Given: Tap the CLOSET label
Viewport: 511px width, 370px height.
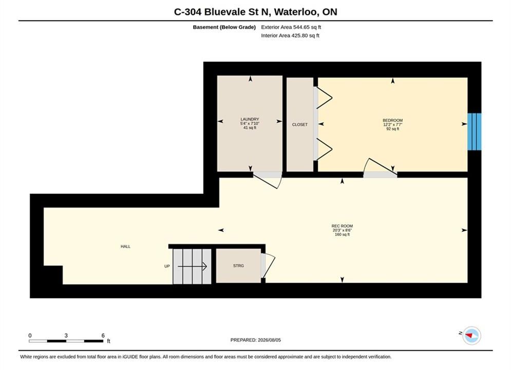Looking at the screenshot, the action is [x=300, y=124].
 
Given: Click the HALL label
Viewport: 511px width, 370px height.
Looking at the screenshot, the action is [x=125, y=247].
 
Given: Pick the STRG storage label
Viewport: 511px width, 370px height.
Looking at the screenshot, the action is [x=239, y=266].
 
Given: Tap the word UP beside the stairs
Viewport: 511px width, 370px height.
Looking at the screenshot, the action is [x=167, y=266].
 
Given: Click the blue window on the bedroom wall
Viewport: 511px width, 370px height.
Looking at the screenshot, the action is [x=475, y=132].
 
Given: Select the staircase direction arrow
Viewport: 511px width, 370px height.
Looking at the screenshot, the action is [x=192, y=267].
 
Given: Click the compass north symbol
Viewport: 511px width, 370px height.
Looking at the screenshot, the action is [x=471, y=335].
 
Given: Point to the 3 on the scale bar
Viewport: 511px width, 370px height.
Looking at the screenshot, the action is [x=66, y=336].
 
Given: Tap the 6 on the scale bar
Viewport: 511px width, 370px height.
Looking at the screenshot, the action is [x=103, y=336].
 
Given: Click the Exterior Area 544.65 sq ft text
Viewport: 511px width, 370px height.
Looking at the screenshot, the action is [x=291, y=27].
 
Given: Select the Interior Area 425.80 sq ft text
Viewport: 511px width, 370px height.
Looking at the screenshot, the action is [x=290, y=35].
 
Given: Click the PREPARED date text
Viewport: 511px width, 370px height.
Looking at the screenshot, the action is [x=256, y=340].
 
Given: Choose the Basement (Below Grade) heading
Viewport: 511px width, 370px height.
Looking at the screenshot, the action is [x=224, y=27].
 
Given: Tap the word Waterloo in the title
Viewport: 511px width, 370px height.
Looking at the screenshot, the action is [x=296, y=12].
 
